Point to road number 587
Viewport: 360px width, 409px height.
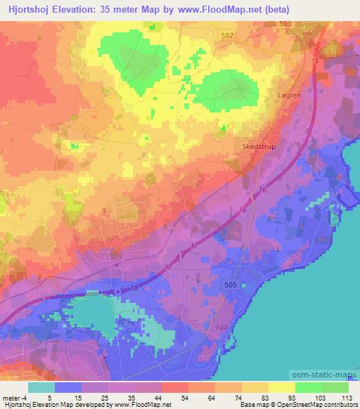pyautogui.click(x=226, y=34)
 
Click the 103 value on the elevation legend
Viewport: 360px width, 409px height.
pyautogui.click(x=321, y=397)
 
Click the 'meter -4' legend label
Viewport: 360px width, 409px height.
pyautogui.click(x=15, y=397)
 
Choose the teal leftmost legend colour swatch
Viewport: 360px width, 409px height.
pyautogui.click(x=41, y=387)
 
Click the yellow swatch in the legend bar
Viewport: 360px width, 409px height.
pyautogui.click(x=281, y=387)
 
